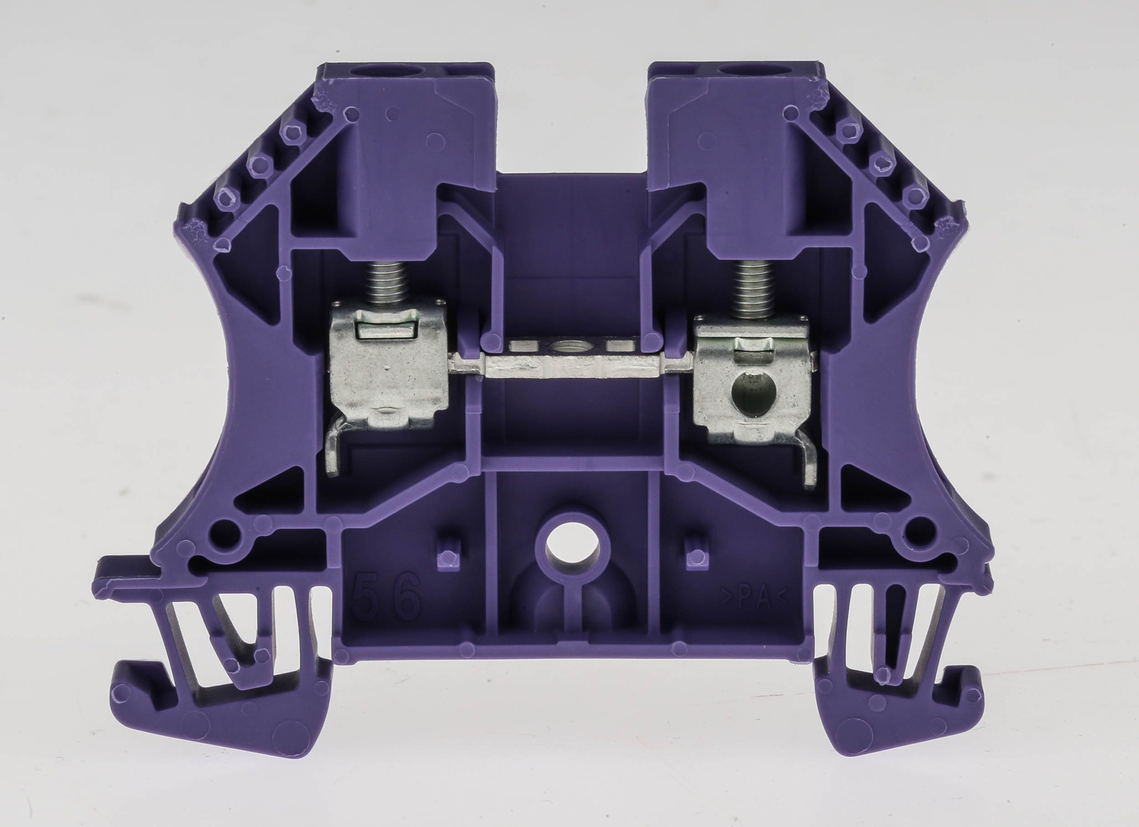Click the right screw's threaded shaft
click(x=752, y=291)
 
